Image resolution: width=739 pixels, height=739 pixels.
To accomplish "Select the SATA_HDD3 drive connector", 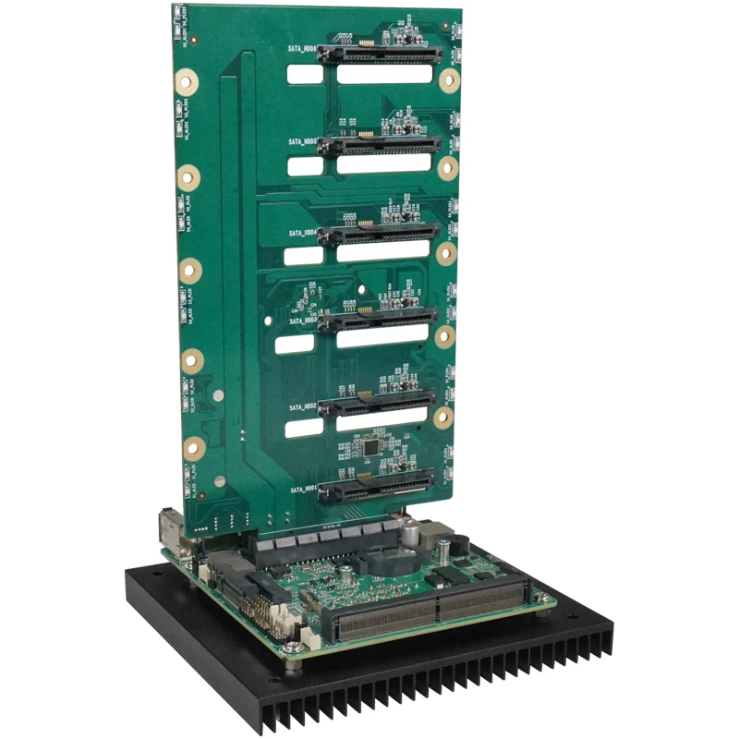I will (x=380, y=320).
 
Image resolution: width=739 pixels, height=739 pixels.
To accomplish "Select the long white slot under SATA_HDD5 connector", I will (x=384, y=164).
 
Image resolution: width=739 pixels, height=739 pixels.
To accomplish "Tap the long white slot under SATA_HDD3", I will (x=382, y=338).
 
